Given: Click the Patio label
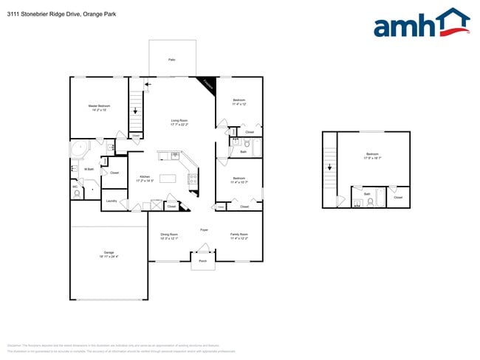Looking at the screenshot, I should pyautogui.click(x=171, y=59).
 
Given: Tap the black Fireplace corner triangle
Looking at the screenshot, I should pyautogui.click(x=209, y=83).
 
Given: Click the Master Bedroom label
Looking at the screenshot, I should pyautogui.click(x=99, y=106).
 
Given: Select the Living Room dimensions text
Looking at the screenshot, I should pyautogui.click(x=179, y=125).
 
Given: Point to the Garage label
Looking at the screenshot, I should pyautogui.click(x=108, y=253).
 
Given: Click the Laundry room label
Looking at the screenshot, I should pyautogui.click(x=112, y=201).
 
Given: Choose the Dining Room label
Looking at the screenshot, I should pyautogui.click(x=170, y=234).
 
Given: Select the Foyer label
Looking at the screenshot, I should pyautogui.click(x=204, y=229).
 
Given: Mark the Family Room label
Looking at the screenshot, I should pyautogui.click(x=239, y=234).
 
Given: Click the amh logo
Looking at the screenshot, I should pyautogui.click(x=422, y=24).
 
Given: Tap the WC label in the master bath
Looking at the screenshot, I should pyautogui.click(x=75, y=187).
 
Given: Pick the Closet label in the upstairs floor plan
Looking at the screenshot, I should pyautogui.click(x=398, y=197).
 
